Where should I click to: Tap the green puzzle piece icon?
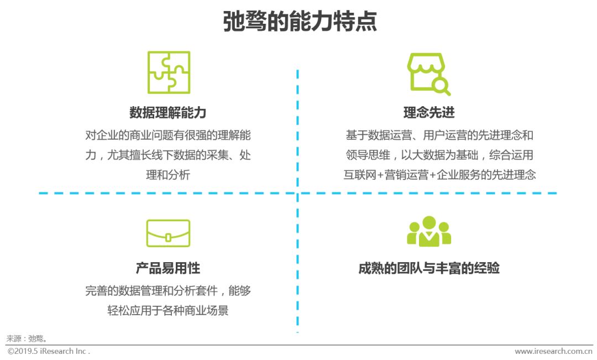tap(169, 72)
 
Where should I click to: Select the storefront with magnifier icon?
tap(427, 74)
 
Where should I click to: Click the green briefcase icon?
tap(168, 233)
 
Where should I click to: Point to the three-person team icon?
tap(429, 232)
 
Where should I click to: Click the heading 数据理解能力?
tap(168, 113)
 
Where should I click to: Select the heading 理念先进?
tap(429, 113)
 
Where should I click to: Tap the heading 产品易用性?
tap(168, 268)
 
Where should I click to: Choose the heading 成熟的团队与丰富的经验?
tap(429, 268)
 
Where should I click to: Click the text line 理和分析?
tap(168, 175)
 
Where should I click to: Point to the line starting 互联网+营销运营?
tap(439, 175)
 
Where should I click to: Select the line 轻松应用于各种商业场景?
tap(168, 310)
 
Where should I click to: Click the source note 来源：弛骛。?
tap(27, 338)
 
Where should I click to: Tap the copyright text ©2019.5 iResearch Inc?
tap(49, 351)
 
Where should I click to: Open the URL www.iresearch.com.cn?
tap(553, 351)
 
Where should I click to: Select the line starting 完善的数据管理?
tap(168, 290)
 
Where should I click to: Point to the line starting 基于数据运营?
tap(439, 135)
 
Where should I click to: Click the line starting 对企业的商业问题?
tap(168, 135)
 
